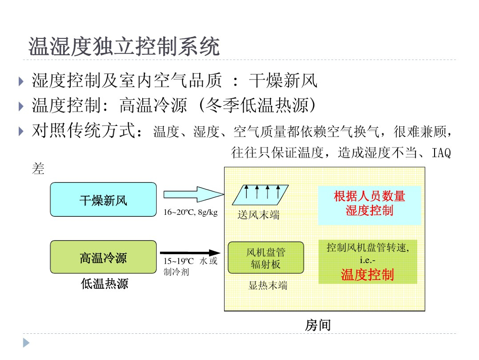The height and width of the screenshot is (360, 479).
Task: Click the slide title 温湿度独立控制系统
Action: pyautogui.click(x=124, y=47)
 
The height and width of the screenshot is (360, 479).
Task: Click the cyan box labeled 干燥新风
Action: pyautogui.click(x=103, y=200)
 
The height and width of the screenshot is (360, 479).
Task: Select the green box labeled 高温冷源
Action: pyautogui.click(x=103, y=257)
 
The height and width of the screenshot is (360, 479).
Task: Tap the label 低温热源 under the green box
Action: pyautogui.click(x=104, y=283)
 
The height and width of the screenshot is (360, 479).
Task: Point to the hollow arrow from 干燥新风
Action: pyautogui.click(x=192, y=194)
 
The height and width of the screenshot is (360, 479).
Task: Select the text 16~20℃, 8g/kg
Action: pyautogui.click(x=190, y=213)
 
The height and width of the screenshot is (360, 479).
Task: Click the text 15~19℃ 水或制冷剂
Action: pyautogui.click(x=190, y=266)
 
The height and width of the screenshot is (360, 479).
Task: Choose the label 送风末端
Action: pyautogui.click(x=259, y=215)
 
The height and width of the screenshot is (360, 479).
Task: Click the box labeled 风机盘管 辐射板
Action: pyautogui.click(x=266, y=258)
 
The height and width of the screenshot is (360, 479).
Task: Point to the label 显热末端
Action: pyautogui.click(x=268, y=286)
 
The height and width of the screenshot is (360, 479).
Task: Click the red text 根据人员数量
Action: pyautogui.click(x=369, y=197)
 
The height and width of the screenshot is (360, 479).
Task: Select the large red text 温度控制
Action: pyautogui.click(x=367, y=275)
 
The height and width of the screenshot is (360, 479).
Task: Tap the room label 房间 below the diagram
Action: pyautogui.click(x=318, y=325)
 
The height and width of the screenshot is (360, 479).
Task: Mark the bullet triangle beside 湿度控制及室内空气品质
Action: pyautogui.click(x=21, y=81)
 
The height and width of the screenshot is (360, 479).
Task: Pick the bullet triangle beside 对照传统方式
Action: pyautogui.click(x=21, y=131)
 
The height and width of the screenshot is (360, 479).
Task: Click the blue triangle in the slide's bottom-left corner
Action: pyautogui.click(x=26, y=343)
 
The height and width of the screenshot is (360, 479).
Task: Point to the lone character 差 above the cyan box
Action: pyautogui.click(x=38, y=169)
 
